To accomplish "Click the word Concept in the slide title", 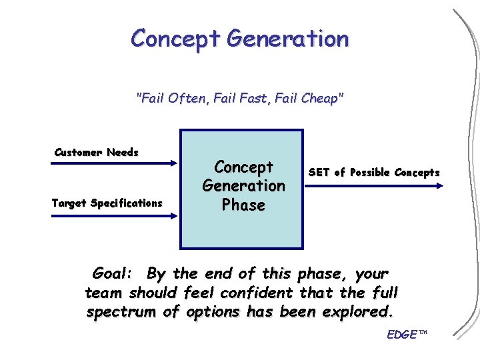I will [x=176, y=39].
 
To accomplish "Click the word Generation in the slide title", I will [x=287, y=39].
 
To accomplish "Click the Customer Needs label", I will [x=97, y=153].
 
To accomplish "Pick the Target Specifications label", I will [x=107, y=203].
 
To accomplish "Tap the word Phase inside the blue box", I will [x=243, y=205].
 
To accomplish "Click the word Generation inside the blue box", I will [x=243, y=185].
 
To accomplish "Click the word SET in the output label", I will [x=319, y=173].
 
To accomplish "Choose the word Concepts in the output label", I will [x=417, y=173].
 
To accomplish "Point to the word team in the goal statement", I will [x=104, y=293].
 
